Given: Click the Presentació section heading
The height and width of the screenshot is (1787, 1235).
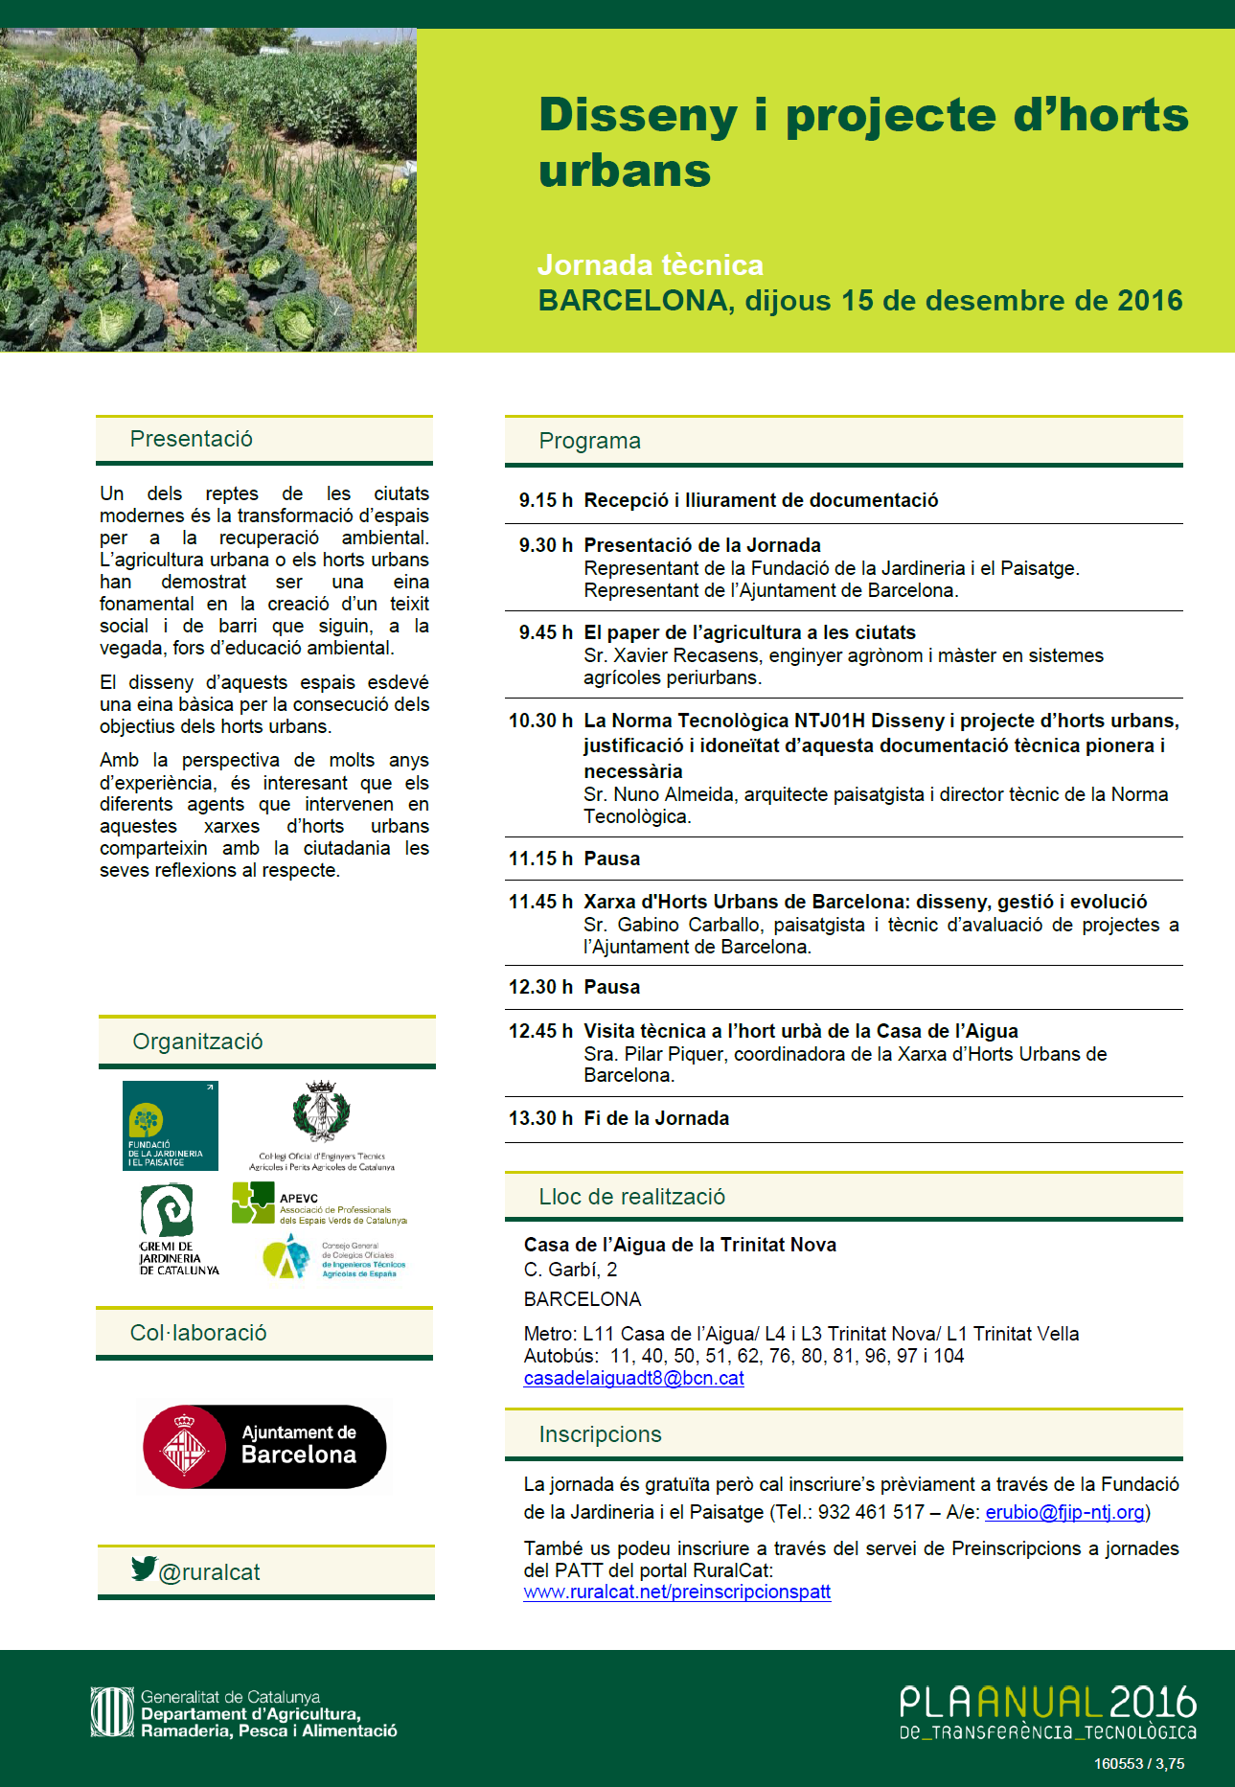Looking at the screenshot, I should [192, 439].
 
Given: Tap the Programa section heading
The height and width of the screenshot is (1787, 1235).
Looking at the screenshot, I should [589, 441].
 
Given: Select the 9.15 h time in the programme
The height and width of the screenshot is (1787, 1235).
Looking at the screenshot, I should [545, 500].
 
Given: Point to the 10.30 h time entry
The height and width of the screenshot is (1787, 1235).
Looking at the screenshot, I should [540, 721].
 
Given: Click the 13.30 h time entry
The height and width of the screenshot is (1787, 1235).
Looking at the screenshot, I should [540, 1118].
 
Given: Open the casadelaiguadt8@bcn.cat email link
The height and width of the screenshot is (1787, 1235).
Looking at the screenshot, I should [633, 1378].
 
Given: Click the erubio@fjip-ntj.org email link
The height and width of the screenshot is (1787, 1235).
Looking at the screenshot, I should [1064, 1512].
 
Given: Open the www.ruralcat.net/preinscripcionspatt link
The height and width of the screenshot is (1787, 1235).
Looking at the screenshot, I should [676, 1592].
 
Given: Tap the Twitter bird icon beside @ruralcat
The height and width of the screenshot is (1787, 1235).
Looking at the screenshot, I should [144, 1568].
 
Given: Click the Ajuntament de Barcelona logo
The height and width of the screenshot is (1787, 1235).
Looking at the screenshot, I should [264, 1446].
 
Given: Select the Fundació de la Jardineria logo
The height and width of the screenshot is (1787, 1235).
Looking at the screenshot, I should [171, 1125].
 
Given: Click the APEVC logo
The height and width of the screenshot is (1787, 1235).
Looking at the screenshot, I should [318, 1203].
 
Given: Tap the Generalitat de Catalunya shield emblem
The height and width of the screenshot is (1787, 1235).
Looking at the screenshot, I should [112, 1711].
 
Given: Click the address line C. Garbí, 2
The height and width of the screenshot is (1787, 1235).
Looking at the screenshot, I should [570, 1270].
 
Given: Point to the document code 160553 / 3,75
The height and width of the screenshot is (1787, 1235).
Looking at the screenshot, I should [1138, 1763].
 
